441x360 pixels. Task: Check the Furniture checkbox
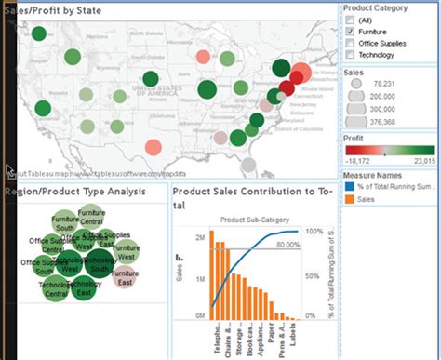(349, 32)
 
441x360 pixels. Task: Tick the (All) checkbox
(349, 20)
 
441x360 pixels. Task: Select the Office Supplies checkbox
(349, 44)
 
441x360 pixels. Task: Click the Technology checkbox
(349, 55)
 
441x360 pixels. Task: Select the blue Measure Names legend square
(349, 186)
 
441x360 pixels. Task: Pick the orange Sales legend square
(349, 198)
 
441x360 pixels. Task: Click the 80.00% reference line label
(287, 245)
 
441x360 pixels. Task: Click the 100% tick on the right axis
(314, 231)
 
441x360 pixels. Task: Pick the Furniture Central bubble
(91, 219)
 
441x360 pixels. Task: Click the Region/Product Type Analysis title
(74, 192)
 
